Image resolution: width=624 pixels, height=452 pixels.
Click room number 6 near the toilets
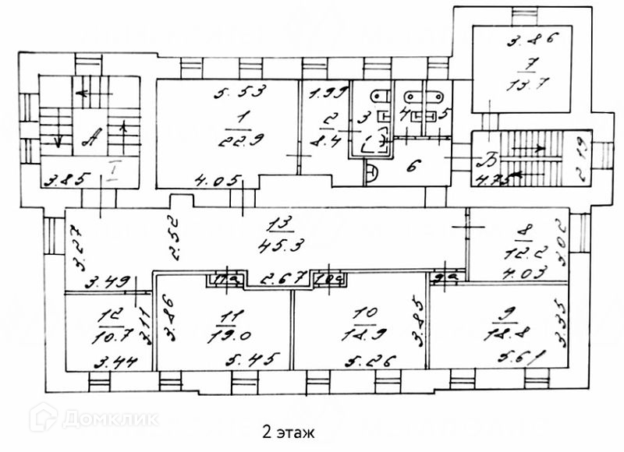pos(413,165)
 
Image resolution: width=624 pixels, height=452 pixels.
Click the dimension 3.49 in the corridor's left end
pos(104,281)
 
